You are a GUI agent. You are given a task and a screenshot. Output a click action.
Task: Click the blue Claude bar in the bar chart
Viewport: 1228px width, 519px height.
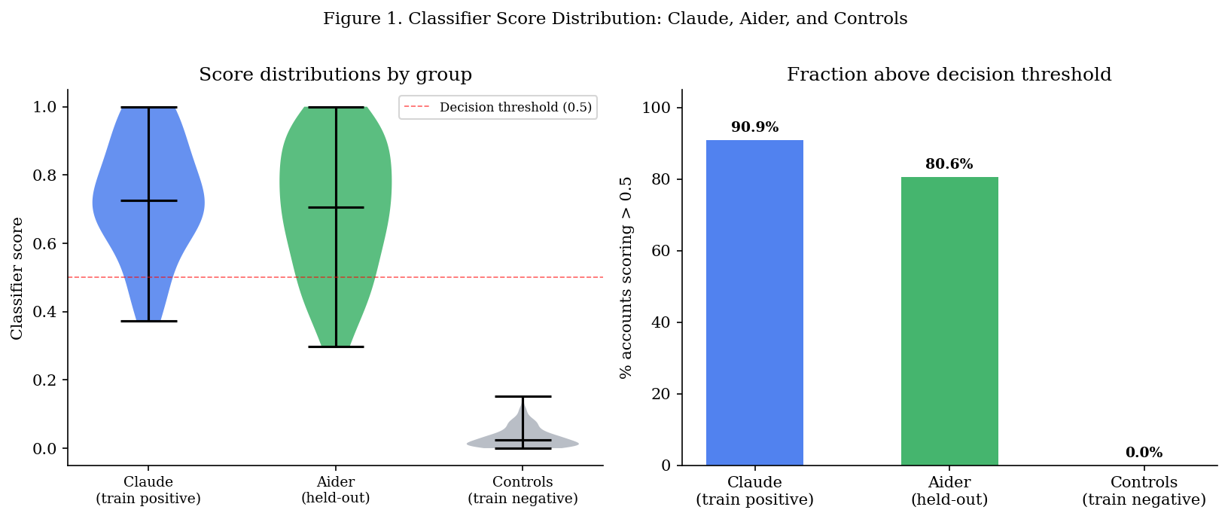pyautogui.click(x=754, y=301)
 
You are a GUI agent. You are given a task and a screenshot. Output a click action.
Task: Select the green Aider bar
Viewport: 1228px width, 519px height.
pyautogui.click(x=949, y=320)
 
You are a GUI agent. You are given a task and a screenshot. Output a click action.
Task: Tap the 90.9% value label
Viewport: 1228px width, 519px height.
pyautogui.click(x=754, y=127)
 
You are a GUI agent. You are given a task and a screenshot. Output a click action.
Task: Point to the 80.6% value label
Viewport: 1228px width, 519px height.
pyautogui.click(x=949, y=164)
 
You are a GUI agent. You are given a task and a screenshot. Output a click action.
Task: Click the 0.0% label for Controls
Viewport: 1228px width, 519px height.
pyautogui.click(x=1144, y=453)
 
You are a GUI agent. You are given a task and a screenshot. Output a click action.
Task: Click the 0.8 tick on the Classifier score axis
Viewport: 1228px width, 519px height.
pyautogui.click(x=48, y=176)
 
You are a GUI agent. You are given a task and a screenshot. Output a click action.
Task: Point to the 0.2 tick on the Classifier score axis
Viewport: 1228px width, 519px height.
pyautogui.click(x=48, y=380)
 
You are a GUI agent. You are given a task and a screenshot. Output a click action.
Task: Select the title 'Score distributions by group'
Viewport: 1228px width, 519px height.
pyautogui.click(x=335, y=75)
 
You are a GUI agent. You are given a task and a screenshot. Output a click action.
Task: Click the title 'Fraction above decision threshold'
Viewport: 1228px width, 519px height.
pyautogui.click(x=949, y=75)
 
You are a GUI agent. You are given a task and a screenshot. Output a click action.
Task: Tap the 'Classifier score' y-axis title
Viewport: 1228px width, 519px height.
pyautogui.click(x=17, y=278)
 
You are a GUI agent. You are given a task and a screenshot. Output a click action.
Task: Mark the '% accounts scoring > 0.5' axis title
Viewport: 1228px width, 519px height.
pyautogui.click(x=626, y=277)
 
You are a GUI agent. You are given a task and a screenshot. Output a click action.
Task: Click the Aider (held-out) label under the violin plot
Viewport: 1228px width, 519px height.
pyautogui.click(x=335, y=490)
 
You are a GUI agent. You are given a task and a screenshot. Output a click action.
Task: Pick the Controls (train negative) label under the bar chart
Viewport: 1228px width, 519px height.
pyautogui.click(x=1144, y=490)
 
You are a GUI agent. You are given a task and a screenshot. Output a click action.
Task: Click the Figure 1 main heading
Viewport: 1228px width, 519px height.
pyautogui.click(x=615, y=19)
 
